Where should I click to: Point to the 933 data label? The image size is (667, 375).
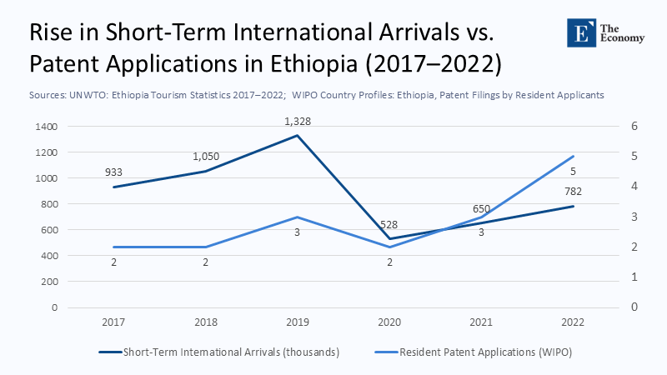pos(113,172)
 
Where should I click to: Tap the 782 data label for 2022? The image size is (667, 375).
pos(572,192)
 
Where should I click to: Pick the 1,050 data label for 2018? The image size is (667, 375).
pos(207,157)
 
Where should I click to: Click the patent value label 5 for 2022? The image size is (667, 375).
pos(573,172)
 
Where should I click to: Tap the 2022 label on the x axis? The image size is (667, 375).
pos(572,321)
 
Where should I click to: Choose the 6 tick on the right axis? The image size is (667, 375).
pos(634,127)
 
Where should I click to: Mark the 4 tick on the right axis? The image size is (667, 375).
pos(634,187)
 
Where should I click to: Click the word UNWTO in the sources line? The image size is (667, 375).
pos(88,96)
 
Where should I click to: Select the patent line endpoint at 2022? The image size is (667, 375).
pos(573,157)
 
